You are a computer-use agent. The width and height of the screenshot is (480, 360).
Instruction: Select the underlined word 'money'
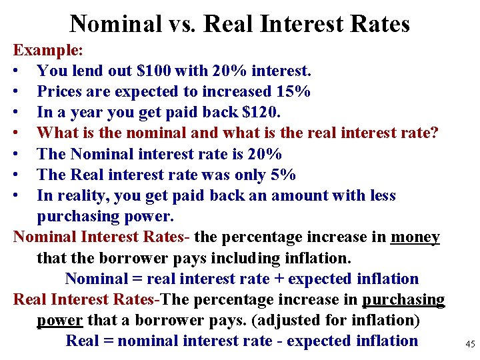click(x=415, y=237)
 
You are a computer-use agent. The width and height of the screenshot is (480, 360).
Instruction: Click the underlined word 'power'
click(x=59, y=321)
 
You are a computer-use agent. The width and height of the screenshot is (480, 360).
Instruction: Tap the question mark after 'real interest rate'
click(x=435, y=133)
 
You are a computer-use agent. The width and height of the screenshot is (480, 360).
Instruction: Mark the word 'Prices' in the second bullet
click(x=60, y=91)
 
